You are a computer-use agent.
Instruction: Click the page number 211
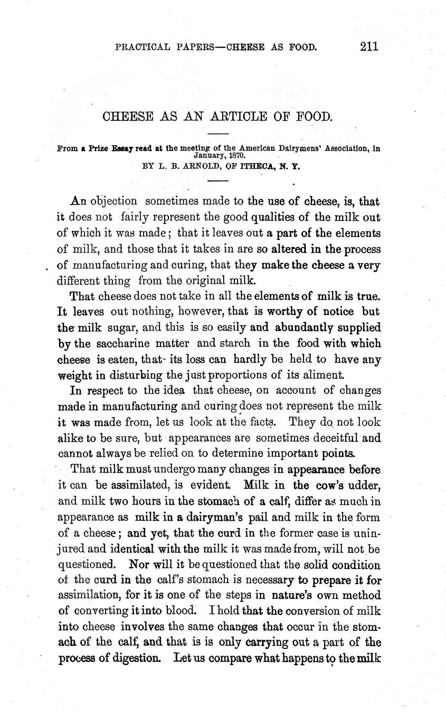click(369, 46)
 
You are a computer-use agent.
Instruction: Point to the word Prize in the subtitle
click(99, 149)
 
